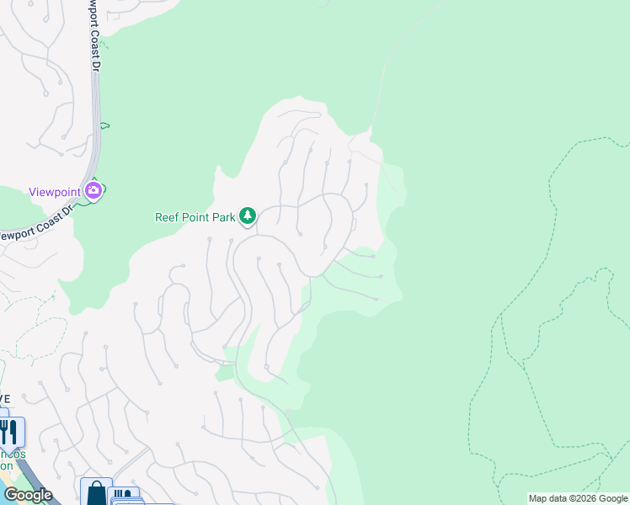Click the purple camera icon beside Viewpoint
[93, 191]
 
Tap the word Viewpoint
[54, 192]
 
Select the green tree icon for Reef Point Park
[248, 217]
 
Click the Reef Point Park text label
[195, 217]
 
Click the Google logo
[28, 495]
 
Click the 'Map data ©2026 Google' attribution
[579, 498]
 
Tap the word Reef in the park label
[168, 217]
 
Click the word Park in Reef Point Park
[222, 217]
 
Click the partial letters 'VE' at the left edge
[4, 399]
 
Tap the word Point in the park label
[196, 217]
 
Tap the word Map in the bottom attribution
[537, 498]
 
